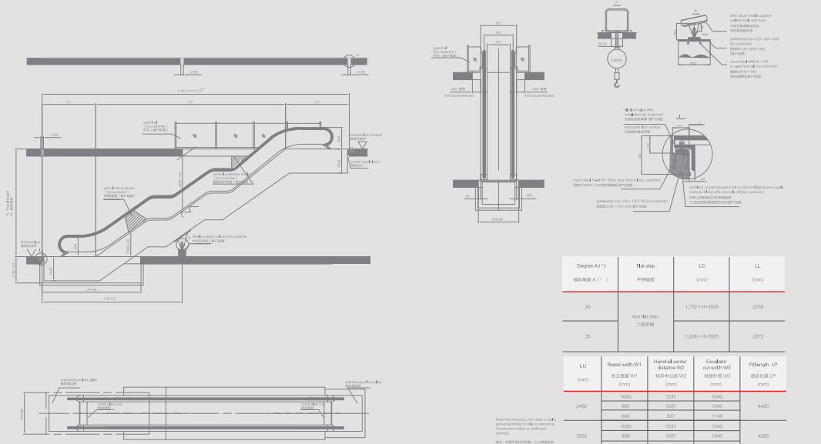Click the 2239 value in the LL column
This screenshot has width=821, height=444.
[757, 306]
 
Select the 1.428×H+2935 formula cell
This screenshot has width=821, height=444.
[702, 336]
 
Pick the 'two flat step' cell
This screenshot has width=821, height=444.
[646, 320]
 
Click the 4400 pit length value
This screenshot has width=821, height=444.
[763, 406]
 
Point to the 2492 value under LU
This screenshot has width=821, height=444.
[581, 406]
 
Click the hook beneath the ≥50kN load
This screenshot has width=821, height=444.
[615, 75]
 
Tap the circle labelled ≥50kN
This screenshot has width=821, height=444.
[615, 58]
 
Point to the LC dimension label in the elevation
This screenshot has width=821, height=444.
[189, 102]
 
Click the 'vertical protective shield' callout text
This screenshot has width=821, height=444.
[230, 177]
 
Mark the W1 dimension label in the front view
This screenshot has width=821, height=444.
[499, 42]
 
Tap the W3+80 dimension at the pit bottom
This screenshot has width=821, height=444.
[498, 219]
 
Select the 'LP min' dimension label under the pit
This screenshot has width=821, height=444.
[91, 290]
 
